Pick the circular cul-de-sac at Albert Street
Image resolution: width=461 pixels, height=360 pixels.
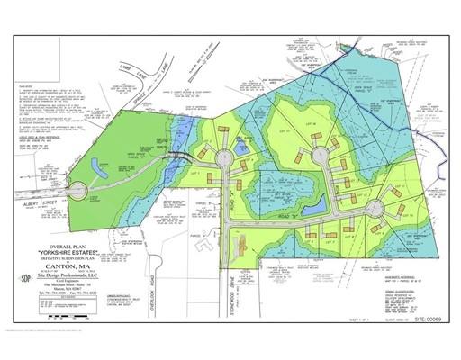point(78,191)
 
